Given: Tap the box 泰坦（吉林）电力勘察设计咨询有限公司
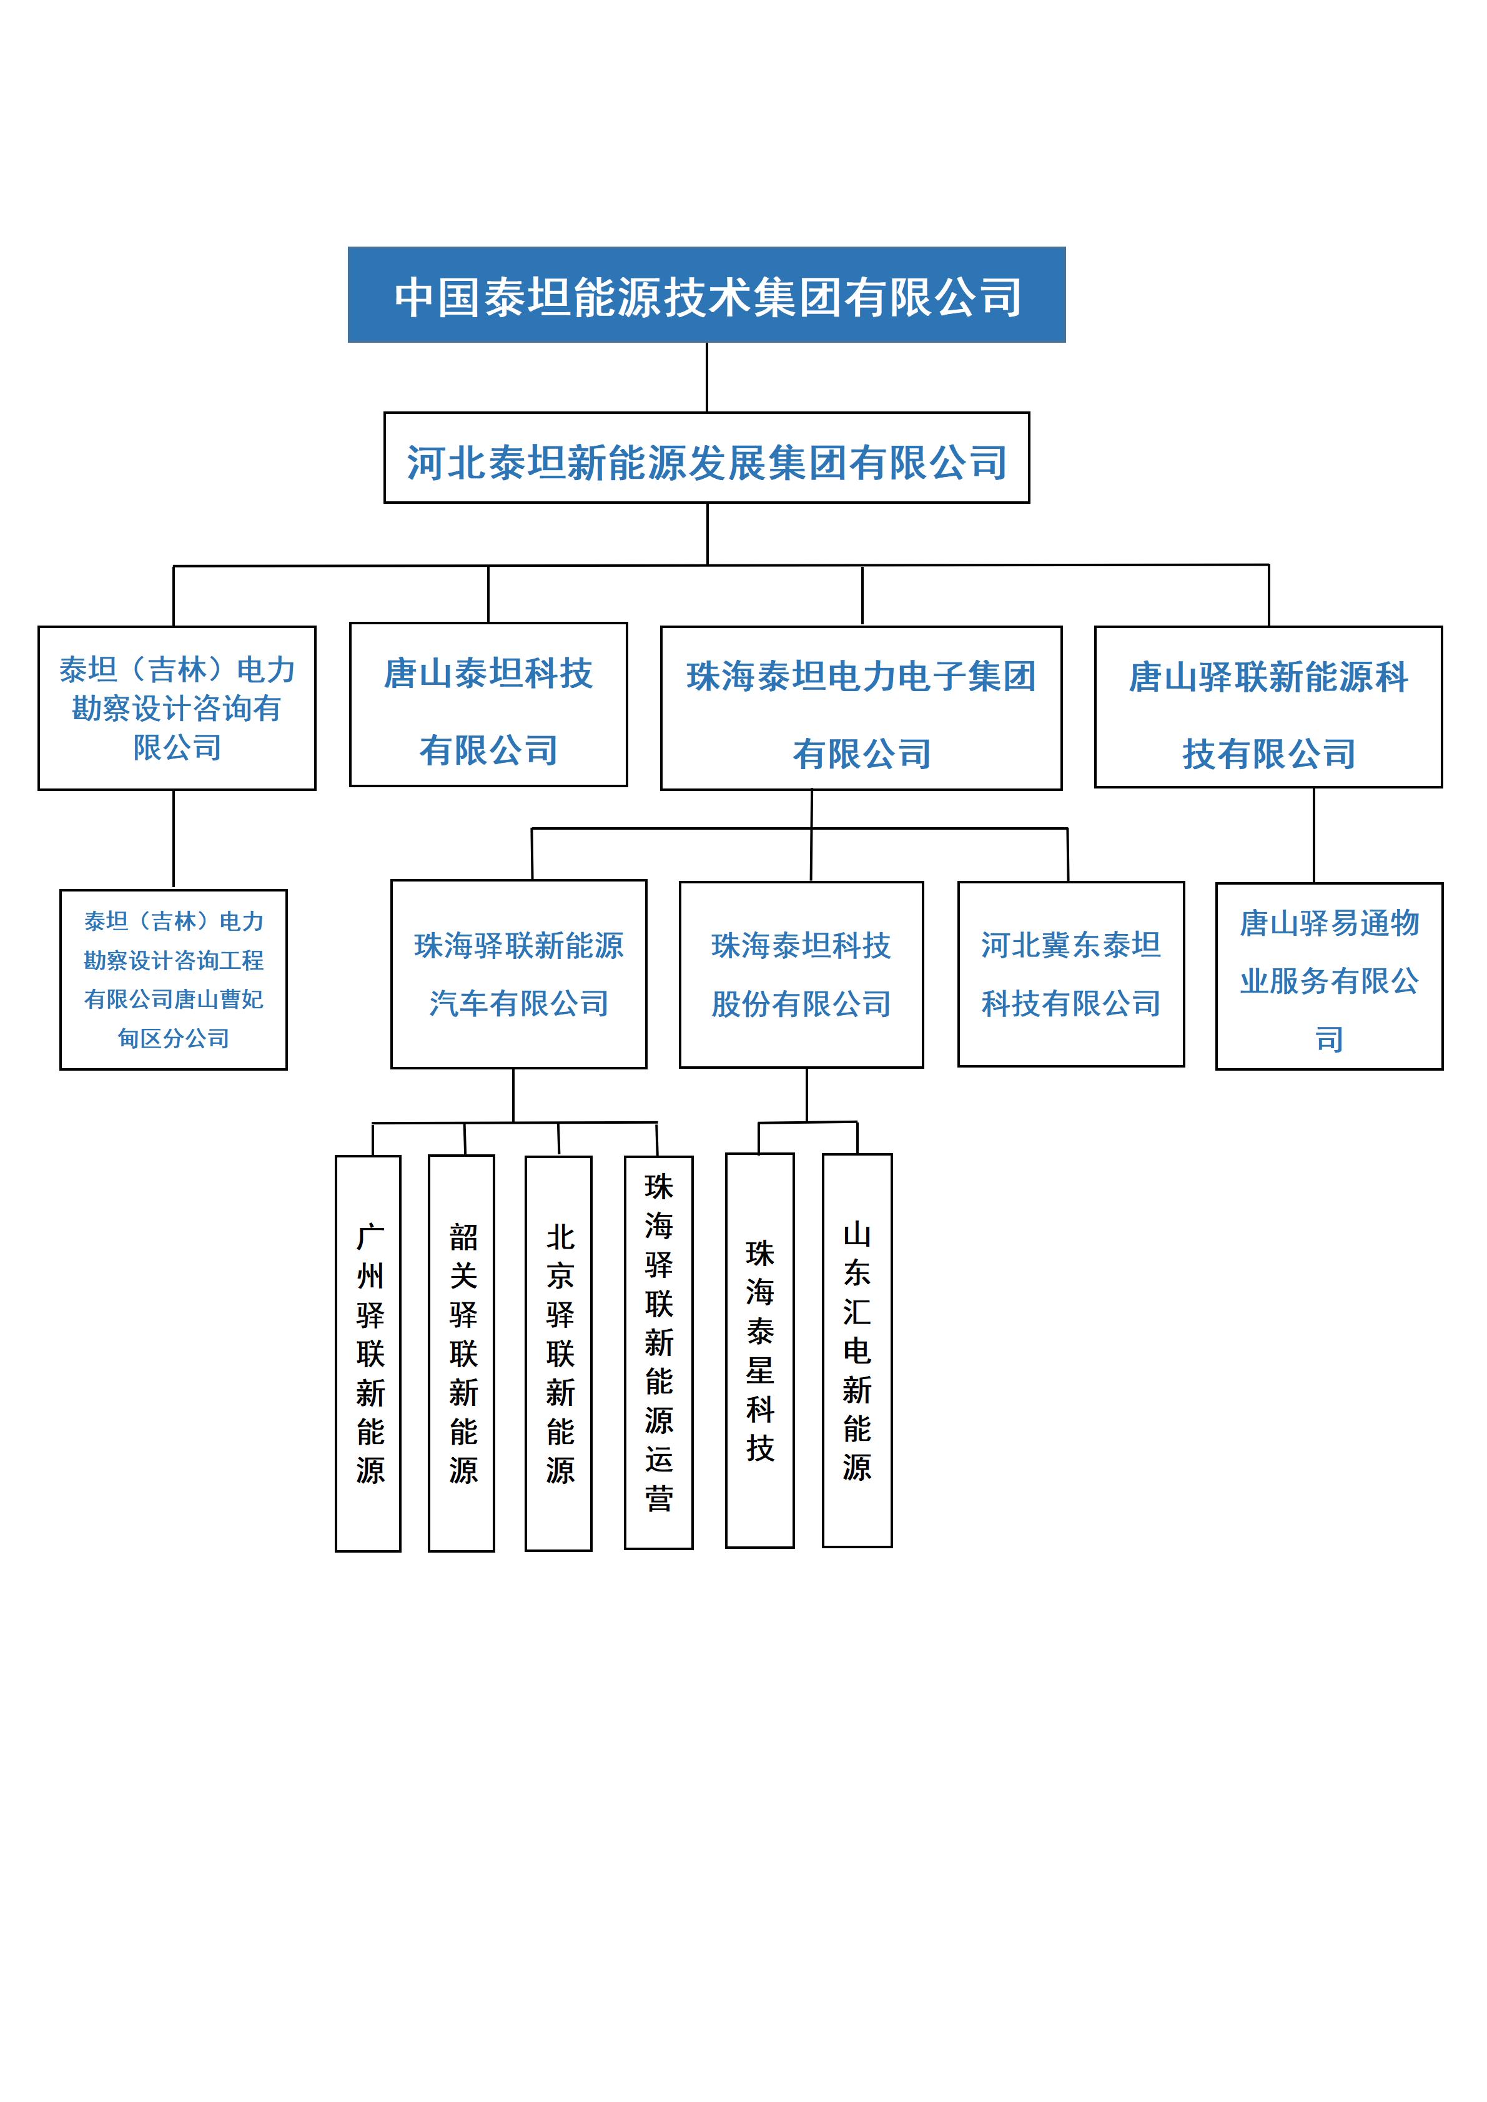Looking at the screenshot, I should click(177, 708).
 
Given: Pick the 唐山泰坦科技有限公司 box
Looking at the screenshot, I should click(488, 705).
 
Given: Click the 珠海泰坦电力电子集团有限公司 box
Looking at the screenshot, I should click(861, 708).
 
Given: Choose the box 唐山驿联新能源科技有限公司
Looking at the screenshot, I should click(1268, 707).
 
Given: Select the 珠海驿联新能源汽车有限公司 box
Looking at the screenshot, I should click(518, 974).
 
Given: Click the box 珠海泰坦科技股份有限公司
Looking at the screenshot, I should click(801, 974).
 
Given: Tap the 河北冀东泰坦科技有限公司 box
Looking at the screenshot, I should click(1070, 974).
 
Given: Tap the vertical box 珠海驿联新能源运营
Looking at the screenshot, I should click(658, 1352).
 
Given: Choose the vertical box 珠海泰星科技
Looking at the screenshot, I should click(760, 1350).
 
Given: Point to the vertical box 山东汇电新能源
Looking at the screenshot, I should click(857, 1350).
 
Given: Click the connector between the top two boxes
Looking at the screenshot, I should click(707, 377).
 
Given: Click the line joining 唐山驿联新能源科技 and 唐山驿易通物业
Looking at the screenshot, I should click(1314, 835).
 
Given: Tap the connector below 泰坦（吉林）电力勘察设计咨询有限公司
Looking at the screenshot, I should click(173, 840).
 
